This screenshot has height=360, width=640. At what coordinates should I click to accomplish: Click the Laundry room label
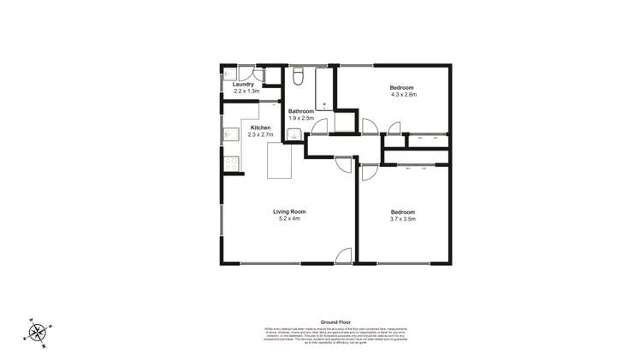coord(243,84)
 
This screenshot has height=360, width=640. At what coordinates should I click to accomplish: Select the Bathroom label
coord(301,111)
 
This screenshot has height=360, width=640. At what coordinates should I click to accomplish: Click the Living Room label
coord(289,211)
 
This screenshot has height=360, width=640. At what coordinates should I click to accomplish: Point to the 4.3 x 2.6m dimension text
coord(403,95)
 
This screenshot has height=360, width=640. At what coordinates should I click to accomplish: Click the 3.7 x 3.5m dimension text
coord(403,219)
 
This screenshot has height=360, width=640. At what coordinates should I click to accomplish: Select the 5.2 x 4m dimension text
coord(289,219)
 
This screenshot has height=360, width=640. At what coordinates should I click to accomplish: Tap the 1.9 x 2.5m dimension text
coord(301,119)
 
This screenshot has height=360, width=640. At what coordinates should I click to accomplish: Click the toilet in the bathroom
coord(298,77)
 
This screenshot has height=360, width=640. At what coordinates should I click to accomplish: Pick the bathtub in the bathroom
coord(324,89)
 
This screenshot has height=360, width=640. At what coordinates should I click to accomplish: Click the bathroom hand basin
coord(293,133)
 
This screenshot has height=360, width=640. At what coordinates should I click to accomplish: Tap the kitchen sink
coord(229,134)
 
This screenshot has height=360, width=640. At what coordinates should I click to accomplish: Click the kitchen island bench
coord(280,161)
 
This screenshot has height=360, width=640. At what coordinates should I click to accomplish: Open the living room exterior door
coord(344,256)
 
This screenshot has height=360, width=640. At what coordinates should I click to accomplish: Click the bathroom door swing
coord(319,127)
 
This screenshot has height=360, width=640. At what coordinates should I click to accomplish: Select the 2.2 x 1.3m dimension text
coord(243,91)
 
